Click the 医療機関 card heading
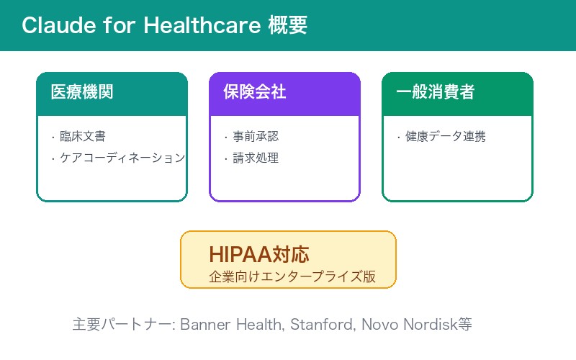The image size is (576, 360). (x=82, y=92)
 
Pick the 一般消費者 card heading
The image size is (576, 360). (x=435, y=92)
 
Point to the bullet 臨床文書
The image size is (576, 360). (x=83, y=136)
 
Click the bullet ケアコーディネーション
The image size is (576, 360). (x=122, y=158)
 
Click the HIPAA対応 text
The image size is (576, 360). (x=258, y=254)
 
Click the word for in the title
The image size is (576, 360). (x=121, y=25)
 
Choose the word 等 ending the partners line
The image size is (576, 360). (x=465, y=324)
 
